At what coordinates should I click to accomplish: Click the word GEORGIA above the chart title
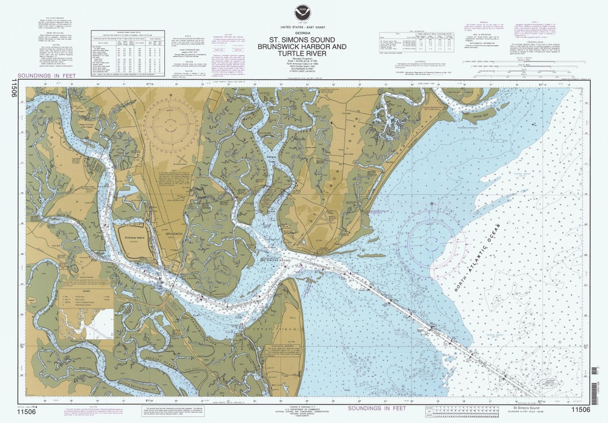point(304,33)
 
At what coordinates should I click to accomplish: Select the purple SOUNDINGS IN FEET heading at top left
point(46,75)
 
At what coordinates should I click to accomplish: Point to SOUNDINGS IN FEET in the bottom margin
point(377,408)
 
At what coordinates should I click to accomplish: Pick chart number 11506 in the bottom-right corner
point(580,409)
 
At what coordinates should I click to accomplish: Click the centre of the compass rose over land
point(169,125)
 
